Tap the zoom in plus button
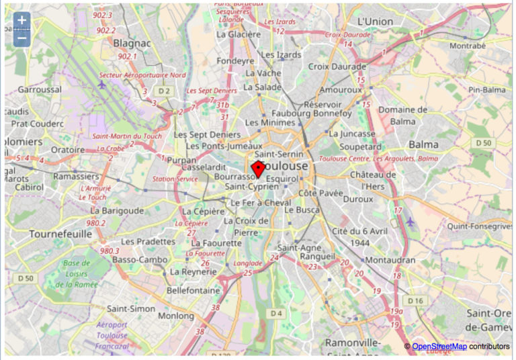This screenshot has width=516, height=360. coord(21,20)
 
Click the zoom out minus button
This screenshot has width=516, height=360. coord(21,37)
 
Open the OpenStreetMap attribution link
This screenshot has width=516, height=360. coord(439,346)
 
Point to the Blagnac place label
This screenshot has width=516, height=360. coord(132,43)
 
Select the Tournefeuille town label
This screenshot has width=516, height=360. coord(60,234)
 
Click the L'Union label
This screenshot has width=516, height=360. coord(375,21)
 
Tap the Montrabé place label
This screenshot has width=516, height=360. coord(467,46)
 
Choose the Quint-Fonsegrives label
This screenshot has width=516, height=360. coord(480,226)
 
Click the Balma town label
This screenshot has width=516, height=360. coord(423,144)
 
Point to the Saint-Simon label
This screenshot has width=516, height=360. coord(131,308)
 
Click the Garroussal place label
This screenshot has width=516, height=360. coord(40,89)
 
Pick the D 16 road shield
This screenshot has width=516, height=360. coord(415,300)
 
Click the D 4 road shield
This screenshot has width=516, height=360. coord(276,314)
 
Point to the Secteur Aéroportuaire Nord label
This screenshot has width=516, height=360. coord(142,75)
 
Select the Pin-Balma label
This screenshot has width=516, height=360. coord(486,89)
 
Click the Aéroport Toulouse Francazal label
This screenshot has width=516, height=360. coord(112,334)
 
